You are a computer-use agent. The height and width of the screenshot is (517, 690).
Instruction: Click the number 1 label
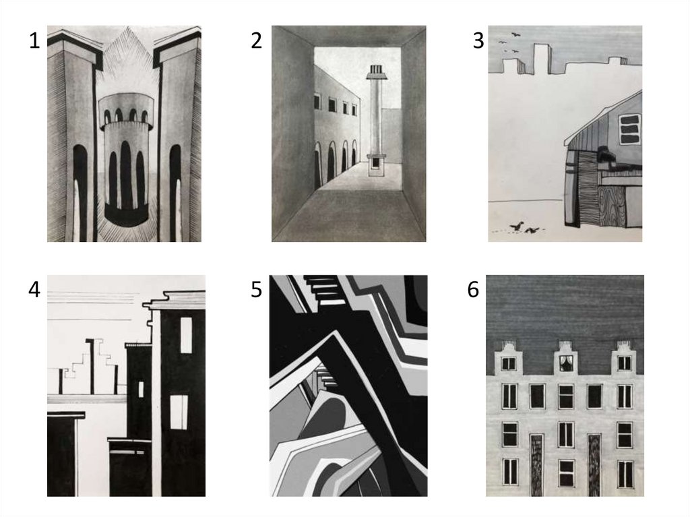(34, 40)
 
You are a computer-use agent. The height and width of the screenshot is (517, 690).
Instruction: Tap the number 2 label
(256, 40)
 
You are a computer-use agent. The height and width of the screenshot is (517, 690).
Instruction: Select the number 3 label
(478, 40)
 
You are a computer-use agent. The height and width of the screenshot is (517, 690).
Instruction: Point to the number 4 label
(34, 290)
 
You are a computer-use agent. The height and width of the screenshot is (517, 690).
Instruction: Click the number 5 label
(256, 290)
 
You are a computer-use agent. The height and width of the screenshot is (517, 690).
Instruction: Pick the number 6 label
(473, 290)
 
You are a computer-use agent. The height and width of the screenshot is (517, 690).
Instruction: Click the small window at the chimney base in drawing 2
(375, 163)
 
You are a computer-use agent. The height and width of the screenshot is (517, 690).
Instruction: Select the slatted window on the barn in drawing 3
(630, 129)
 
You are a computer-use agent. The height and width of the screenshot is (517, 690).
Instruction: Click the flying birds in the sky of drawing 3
(509, 42)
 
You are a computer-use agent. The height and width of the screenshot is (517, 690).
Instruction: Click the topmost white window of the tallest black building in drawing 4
(186, 335)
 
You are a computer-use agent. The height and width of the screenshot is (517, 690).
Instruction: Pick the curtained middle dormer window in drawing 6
(565, 363)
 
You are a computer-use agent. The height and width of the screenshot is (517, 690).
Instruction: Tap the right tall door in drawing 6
(594, 465)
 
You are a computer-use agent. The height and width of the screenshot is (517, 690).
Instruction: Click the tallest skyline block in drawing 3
(541, 58)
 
